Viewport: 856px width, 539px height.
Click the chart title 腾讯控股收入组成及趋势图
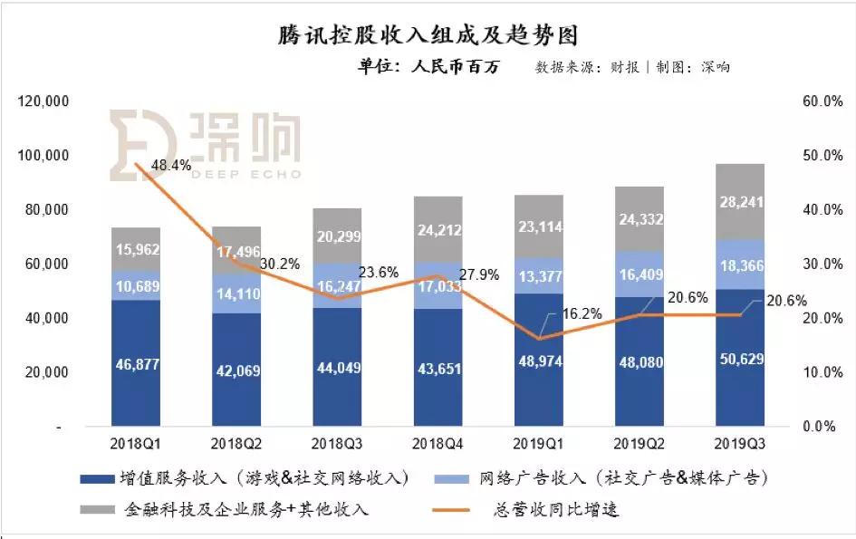[x=428, y=36]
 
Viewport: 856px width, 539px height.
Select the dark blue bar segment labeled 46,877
[x=135, y=362]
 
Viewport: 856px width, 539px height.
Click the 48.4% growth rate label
[x=171, y=166]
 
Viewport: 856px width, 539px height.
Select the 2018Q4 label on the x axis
[x=438, y=445]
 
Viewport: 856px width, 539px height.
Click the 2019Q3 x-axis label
[x=741, y=445]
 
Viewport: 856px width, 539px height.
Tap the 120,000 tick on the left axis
[x=43, y=101]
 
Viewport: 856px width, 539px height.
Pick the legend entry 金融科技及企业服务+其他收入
[x=245, y=509]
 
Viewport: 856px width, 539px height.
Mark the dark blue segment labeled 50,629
[x=741, y=358]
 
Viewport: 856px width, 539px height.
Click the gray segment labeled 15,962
[x=135, y=249]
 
